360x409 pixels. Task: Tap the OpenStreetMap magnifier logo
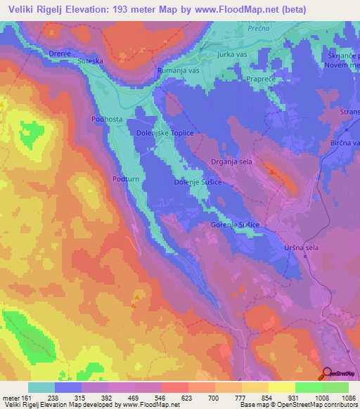point(328,374)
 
